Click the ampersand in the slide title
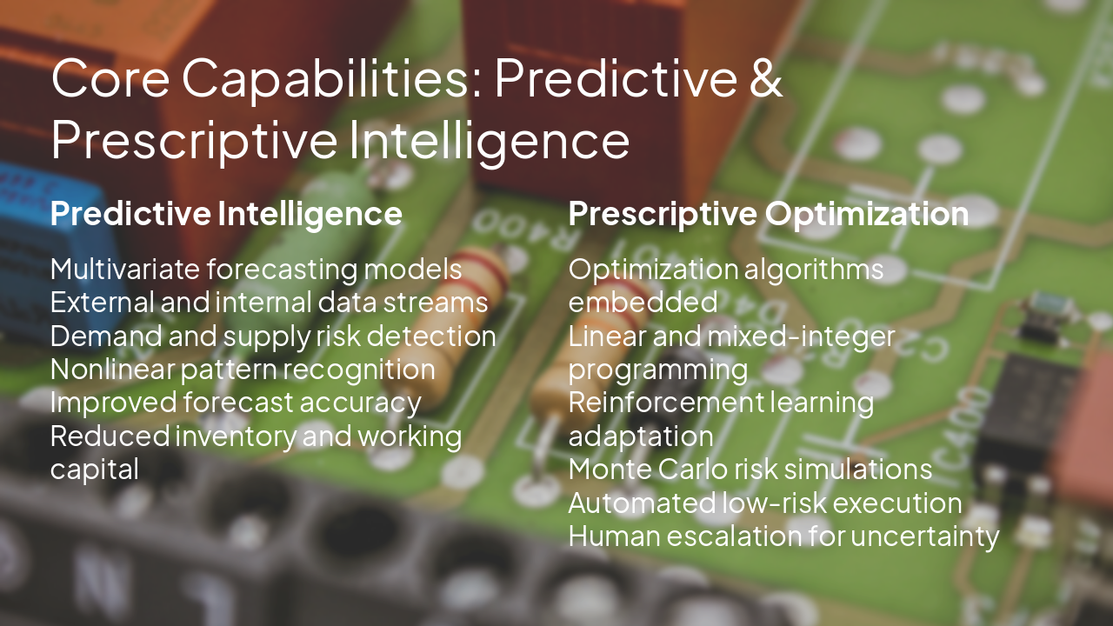[763, 78]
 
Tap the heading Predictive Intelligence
[226, 214]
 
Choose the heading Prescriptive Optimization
[768, 214]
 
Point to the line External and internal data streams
[269, 303]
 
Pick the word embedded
[643, 303]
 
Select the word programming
[657, 370]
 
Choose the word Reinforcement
[664, 403]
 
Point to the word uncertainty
[925, 536]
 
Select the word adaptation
[640, 436]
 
